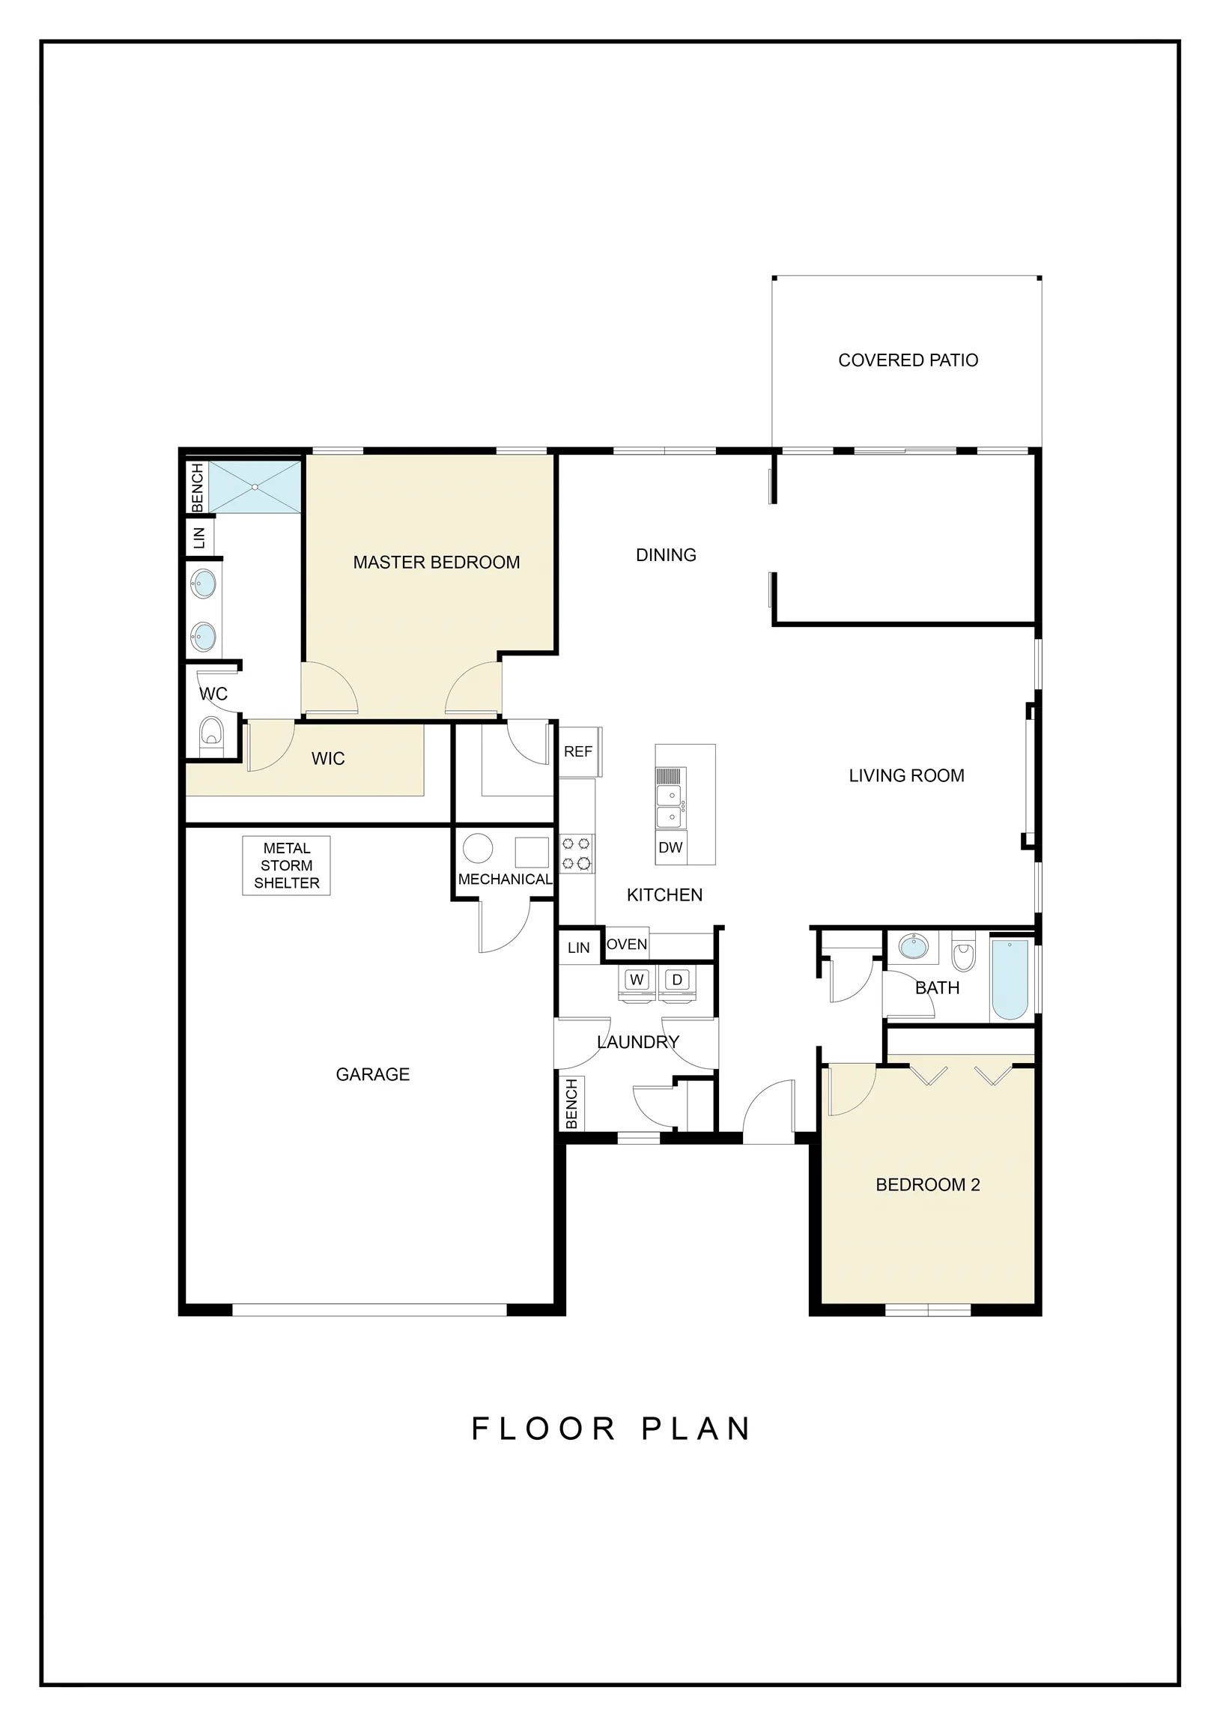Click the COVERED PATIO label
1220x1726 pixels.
point(908,360)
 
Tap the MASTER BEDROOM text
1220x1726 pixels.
point(437,563)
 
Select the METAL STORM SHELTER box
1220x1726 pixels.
point(286,865)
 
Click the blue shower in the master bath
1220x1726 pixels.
point(255,487)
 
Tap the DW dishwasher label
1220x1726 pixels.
point(670,848)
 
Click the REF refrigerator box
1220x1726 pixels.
point(580,751)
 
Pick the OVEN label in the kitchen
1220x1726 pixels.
point(627,944)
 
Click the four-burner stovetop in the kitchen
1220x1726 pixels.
point(576,854)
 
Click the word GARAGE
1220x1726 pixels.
point(373,1074)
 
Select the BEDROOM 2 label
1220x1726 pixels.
point(928,1184)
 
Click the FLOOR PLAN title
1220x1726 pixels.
point(610,1429)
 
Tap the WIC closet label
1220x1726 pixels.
point(329,759)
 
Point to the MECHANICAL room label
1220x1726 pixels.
point(505,879)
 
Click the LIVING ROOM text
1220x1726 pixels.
point(906,776)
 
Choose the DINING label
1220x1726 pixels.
point(666,555)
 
